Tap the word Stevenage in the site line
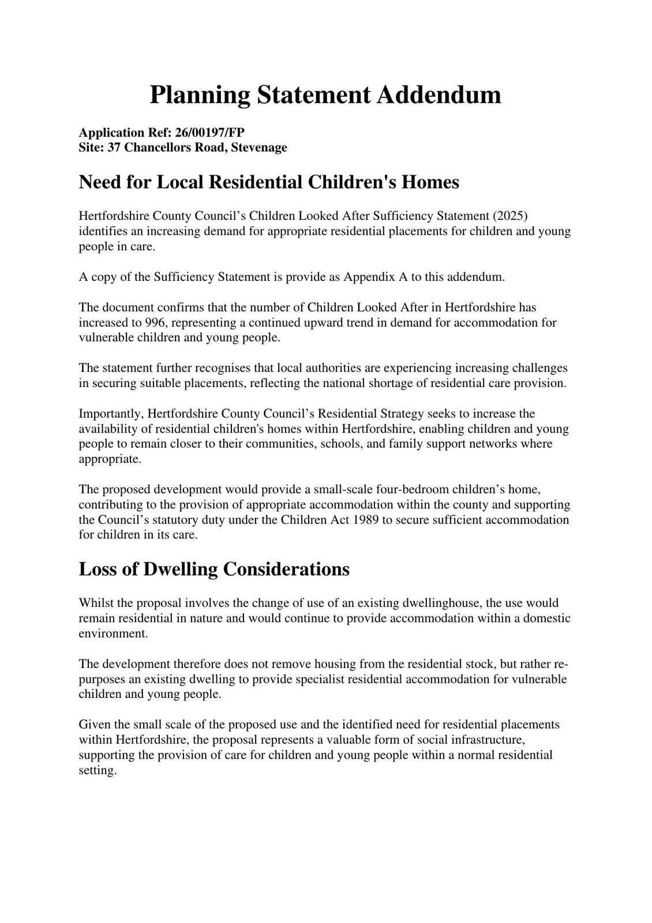click(259, 148)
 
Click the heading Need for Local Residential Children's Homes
click(269, 182)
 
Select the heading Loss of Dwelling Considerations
click(214, 569)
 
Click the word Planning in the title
click(200, 95)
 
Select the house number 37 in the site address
click(114, 148)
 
